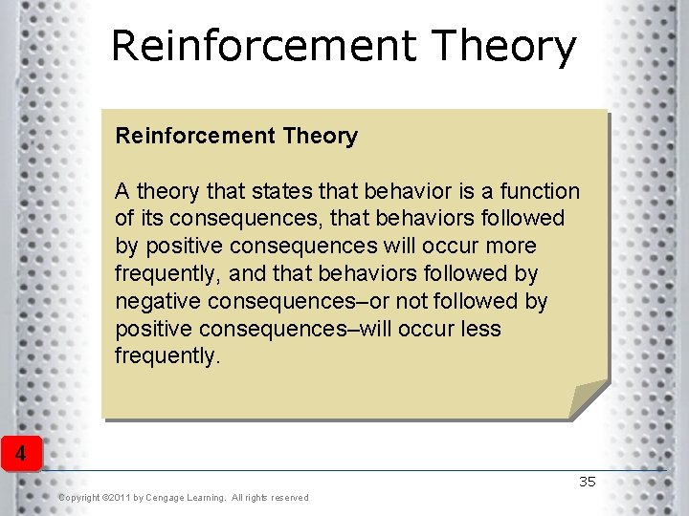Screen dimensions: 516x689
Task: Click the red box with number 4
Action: [20, 452]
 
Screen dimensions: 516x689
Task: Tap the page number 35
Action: [587, 482]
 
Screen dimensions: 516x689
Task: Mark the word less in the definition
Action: [482, 329]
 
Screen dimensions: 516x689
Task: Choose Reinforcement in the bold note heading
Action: [195, 137]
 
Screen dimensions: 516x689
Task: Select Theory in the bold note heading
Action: [320, 137]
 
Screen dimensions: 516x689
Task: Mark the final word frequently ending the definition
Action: [167, 356]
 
